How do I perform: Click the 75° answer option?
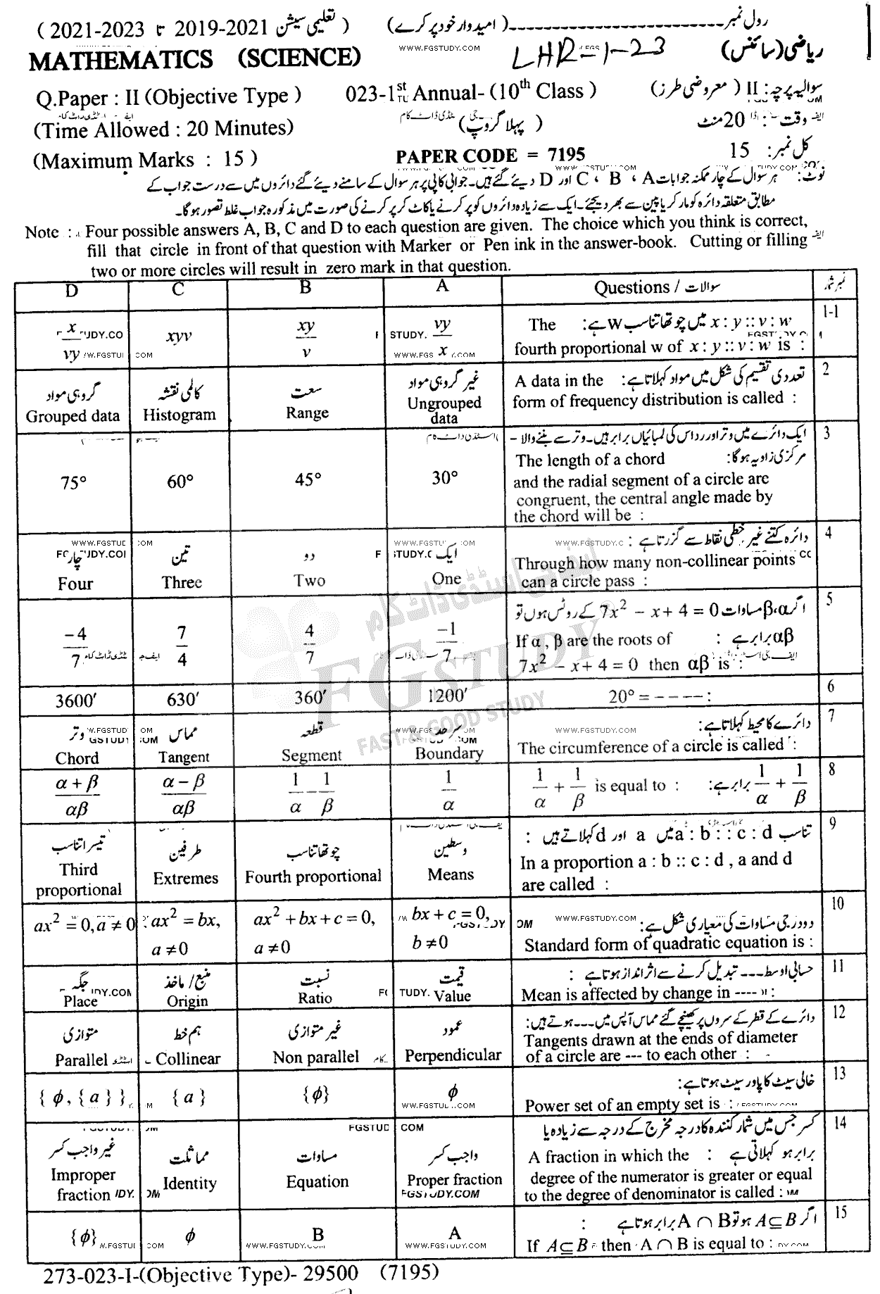[x=74, y=483]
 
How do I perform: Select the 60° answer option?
[x=180, y=482]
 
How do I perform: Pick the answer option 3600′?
[x=75, y=701]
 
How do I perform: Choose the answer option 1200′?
[x=446, y=697]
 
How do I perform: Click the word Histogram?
[x=179, y=415]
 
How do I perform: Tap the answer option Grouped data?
[x=73, y=415]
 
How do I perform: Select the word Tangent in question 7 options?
[x=184, y=757]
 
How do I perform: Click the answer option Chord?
[x=77, y=758]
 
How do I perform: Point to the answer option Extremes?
[x=186, y=878]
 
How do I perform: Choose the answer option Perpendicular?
[x=453, y=1055]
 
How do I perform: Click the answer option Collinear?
[x=188, y=1058]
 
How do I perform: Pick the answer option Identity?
[x=189, y=1183]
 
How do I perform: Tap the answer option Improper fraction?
[x=82, y=1184]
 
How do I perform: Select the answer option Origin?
[x=187, y=1000]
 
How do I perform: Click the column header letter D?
[x=72, y=290]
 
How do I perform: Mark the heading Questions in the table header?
[x=631, y=287]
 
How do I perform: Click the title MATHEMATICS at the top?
[x=120, y=61]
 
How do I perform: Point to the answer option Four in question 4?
[x=75, y=584]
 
